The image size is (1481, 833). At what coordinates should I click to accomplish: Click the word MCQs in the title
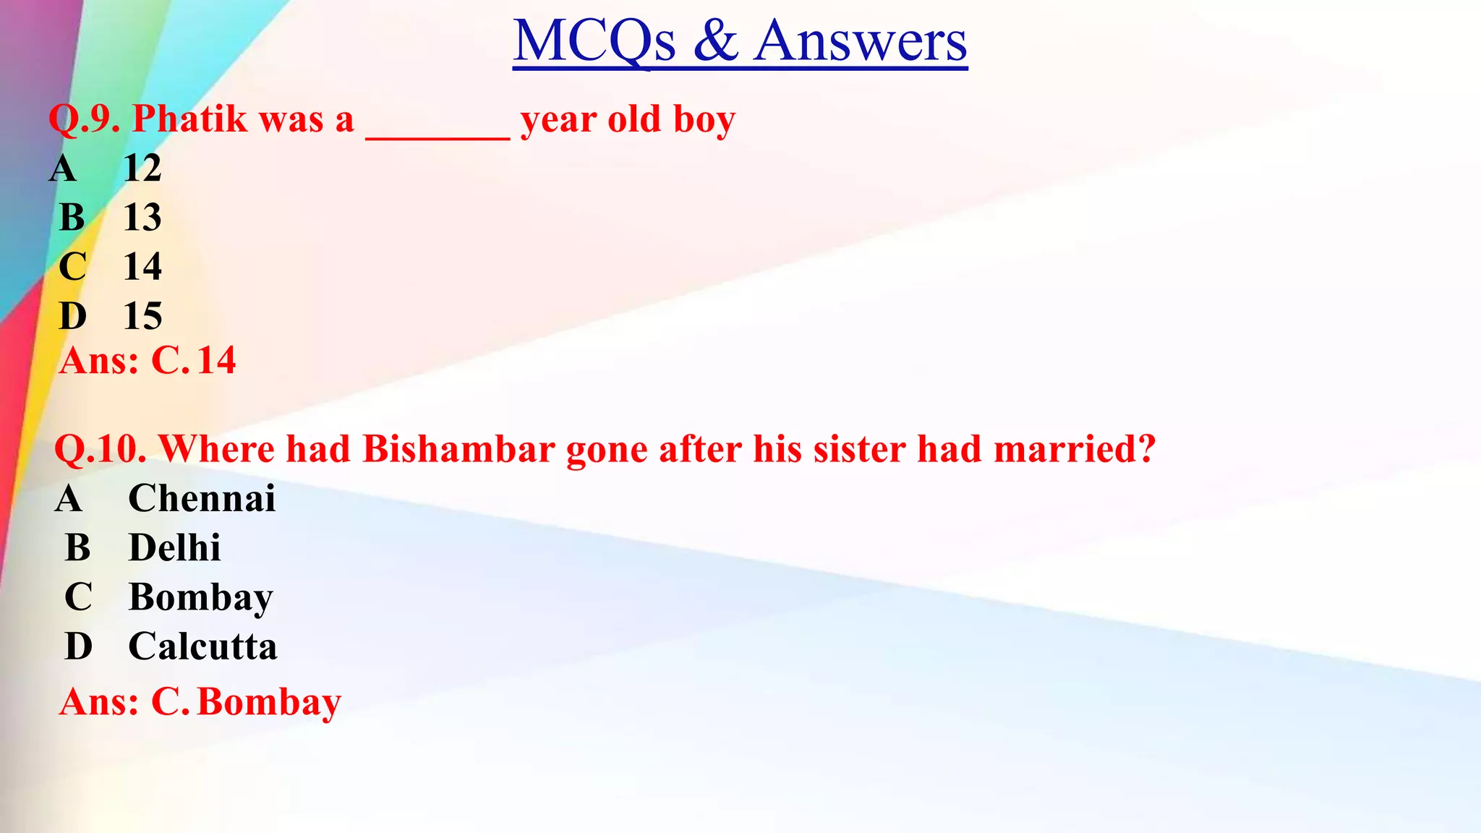[x=594, y=41]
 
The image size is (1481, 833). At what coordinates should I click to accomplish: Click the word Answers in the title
[x=860, y=41]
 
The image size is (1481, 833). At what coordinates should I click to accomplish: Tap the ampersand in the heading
[x=715, y=41]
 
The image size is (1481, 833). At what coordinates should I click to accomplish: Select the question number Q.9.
[x=84, y=119]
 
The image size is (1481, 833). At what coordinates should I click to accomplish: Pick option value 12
[x=142, y=168]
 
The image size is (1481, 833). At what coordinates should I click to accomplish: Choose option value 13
[x=142, y=218]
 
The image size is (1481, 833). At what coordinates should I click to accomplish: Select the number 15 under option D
[x=142, y=316]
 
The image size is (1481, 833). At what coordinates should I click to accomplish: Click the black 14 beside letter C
[x=142, y=267]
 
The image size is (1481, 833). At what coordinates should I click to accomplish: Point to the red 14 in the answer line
[x=216, y=361]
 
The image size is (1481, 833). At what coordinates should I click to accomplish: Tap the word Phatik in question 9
[x=189, y=119]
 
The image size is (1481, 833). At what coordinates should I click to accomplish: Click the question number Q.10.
[x=101, y=449]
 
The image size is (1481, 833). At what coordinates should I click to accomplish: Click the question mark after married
[x=1146, y=449]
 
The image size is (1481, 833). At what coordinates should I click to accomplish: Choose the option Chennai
[x=202, y=498]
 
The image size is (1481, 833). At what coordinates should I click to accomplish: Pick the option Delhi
[x=174, y=547]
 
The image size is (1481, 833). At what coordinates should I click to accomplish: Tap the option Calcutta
[x=202, y=646]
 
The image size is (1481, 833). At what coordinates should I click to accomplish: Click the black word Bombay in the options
[x=201, y=598]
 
